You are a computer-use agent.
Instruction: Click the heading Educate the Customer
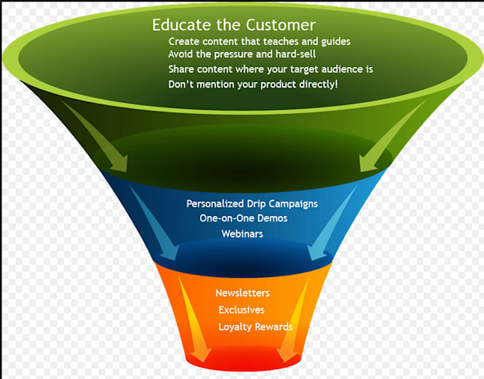tap(233, 25)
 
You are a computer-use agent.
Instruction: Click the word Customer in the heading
tap(280, 25)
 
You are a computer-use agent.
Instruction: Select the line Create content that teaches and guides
tap(259, 41)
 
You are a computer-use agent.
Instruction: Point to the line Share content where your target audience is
tap(270, 69)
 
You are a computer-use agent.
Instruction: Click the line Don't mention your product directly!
tap(253, 84)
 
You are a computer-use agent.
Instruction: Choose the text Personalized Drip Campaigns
tap(252, 204)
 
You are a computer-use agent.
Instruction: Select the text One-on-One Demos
tap(243, 218)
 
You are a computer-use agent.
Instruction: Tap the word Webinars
tap(242, 234)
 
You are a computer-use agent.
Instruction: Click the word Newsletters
tap(243, 293)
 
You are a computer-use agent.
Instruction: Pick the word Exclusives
tap(241, 310)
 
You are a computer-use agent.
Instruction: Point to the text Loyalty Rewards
tap(256, 327)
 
